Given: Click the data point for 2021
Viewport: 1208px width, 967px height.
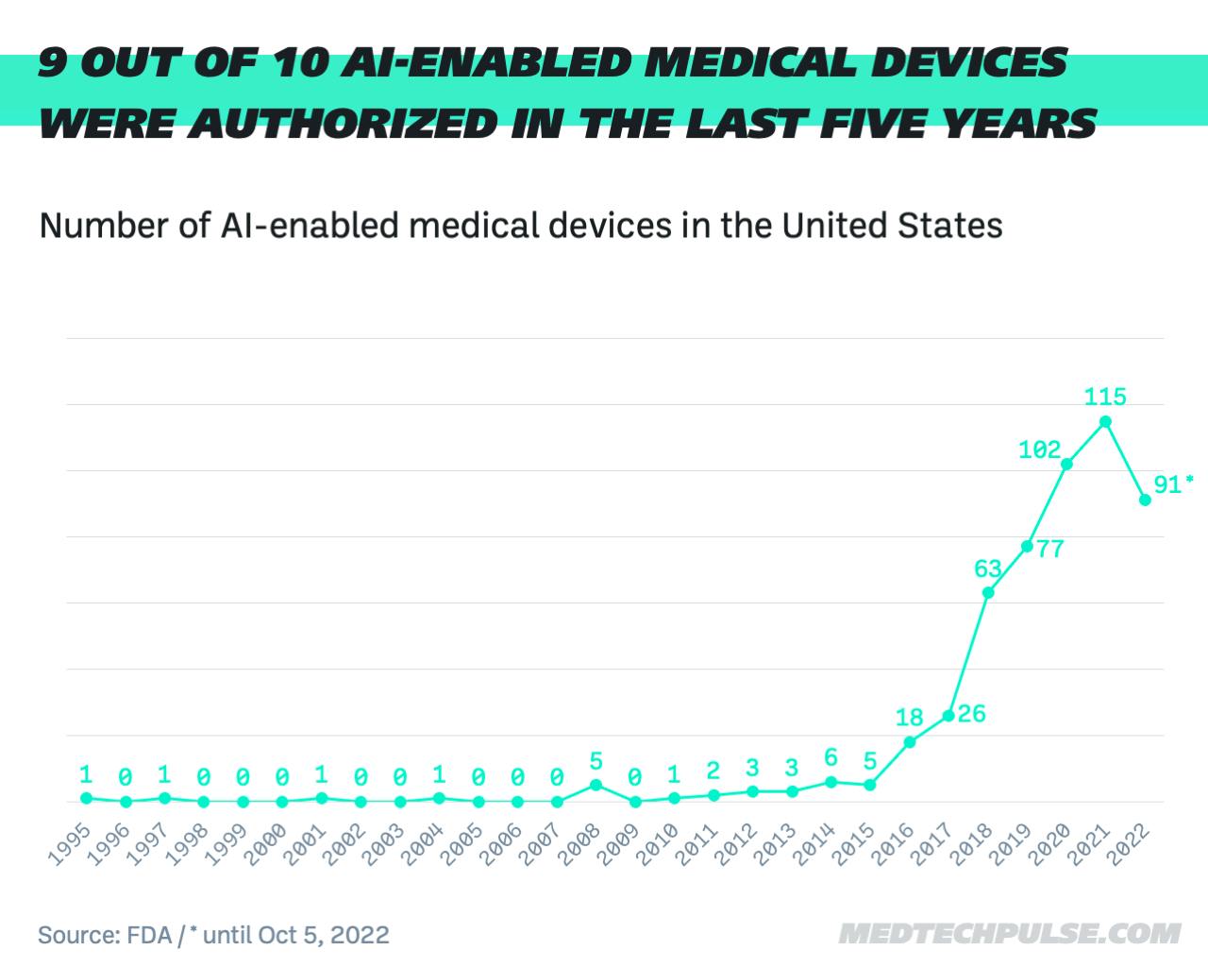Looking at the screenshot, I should tap(1105, 421).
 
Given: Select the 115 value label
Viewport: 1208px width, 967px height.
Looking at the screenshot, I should tap(1105, 397).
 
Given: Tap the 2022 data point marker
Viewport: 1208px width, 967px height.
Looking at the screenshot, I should tap(1145, 500).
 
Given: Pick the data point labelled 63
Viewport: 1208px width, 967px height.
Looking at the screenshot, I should tap(988, 592).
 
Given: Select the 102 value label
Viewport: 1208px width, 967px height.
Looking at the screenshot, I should tap(1039, 450).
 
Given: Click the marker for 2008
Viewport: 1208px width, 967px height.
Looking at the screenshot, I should tap(596, 785).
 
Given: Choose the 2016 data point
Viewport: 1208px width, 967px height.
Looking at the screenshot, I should tap(910, 741).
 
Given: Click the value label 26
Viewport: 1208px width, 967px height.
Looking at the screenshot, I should tap(971, 714).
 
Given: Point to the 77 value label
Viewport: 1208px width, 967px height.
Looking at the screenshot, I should tap(1049, 549).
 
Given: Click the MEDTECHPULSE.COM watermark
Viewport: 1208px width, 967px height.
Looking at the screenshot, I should tap(1009, 934).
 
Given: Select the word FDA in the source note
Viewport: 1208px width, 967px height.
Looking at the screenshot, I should tap(148, 935).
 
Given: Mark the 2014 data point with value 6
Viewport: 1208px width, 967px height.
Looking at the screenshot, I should tap(830, 782).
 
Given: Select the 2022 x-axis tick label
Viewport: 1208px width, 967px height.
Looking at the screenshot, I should tap(1129, 843).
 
